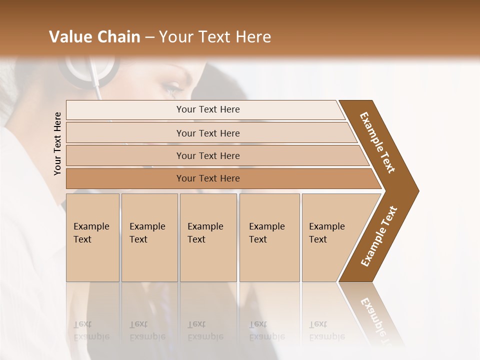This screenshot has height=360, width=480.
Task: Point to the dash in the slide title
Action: pyautogui.click(x=149, y=37)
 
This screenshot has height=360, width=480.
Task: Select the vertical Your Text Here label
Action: pyautogui.click(x=57, y=143)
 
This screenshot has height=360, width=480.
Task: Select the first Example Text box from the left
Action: pyautogui.click(x=92, y=237)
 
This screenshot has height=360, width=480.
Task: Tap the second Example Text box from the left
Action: pyautogui.click(x=149, y=237)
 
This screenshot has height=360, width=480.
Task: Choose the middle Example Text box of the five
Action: pyautogui.click(x=208, y=237)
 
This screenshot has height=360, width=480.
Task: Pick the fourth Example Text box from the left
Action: pyautogui.click(x=269, y=237)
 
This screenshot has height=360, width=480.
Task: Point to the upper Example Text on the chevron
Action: pyautogui.click(x=377, y=142)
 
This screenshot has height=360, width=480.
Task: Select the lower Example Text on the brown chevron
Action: pyautogui.click(x=378, y=236)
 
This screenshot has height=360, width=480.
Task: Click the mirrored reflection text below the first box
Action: pyautogui.click(x=91, y=330)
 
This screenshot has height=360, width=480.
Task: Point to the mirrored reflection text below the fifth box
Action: pyautogui.click(x=326, y=330)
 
